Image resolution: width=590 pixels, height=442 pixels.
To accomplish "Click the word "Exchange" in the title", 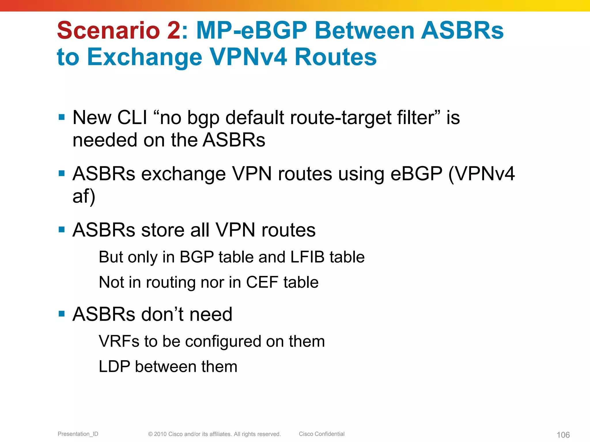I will coord(145,57).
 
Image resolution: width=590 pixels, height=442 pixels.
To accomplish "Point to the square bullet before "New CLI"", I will coord(61,117).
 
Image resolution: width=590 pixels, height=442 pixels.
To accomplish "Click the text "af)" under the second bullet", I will coord(84,197).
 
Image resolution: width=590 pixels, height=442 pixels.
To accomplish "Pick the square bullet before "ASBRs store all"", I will coord(61,230).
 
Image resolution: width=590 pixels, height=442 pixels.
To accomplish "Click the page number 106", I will coord(563,435).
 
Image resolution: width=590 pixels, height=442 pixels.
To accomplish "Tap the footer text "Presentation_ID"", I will coord(78,434).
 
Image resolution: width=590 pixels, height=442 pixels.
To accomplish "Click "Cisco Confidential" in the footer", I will coord(322,434).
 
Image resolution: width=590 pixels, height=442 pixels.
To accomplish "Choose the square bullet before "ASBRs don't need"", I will coord(61,314).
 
